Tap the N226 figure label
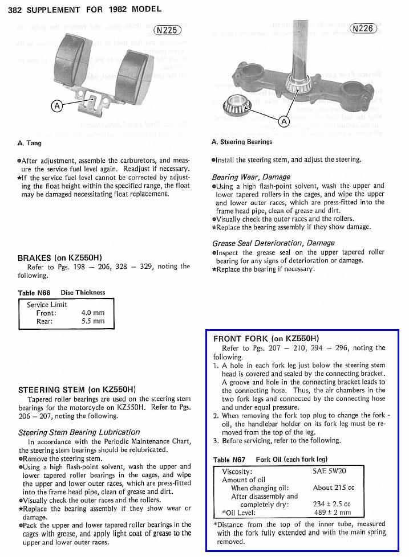point(363,28)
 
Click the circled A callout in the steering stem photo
point(284,121)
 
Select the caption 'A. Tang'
point(30,143)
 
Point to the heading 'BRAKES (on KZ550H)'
point(60,257)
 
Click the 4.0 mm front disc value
point(93,313)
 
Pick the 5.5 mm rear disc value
point(93,321)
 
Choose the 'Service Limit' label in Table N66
point(47,305)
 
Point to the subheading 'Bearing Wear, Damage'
point(251,177)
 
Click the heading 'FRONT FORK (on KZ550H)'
point(266,338)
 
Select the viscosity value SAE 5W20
point(329,472)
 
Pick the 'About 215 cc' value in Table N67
point(334,488)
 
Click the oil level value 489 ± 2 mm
point(332,513)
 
